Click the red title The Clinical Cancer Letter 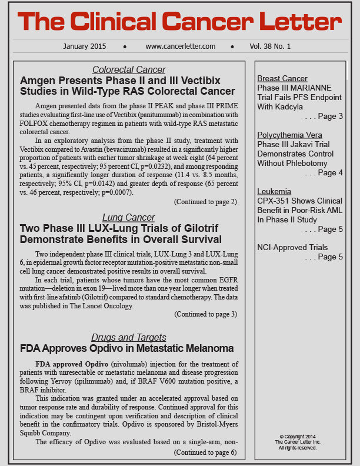(179, 22)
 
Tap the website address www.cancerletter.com (180, 46)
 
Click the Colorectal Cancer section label (129, 69)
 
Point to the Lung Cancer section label (129, 217)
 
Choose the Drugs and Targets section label (129, 337)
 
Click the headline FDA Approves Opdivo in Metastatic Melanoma (127, 348)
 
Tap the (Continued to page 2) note (205, 202)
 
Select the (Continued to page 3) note (205, 314)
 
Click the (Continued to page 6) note (205, 452)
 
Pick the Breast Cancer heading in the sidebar (282, 78)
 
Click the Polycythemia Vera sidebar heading (289, 135)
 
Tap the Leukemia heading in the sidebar (275, 191)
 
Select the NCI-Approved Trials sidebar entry (292, 247)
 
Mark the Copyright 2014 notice (298, 436)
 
